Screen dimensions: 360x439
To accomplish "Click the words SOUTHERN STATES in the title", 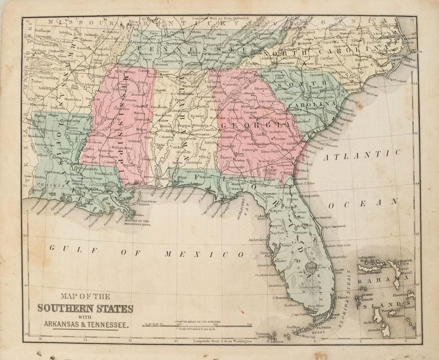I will [x=85, y=308].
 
